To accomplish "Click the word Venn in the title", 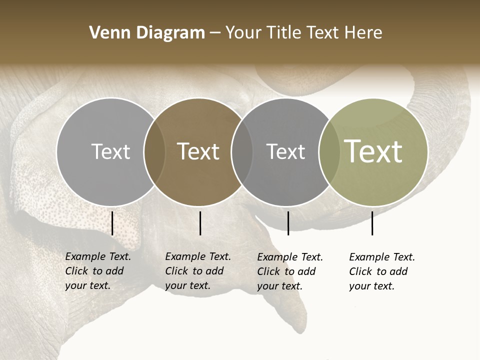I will click(106, 33).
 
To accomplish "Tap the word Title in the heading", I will click(283, 33).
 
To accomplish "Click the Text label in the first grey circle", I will click(110, 151).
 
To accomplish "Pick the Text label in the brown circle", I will click(198, 151).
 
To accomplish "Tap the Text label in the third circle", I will click(285, 151).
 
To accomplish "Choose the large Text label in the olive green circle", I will click(373, 151).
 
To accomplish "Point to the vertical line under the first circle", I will click(112, 223).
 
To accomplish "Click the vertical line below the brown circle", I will click(200, 223).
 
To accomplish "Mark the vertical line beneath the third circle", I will click(288, 223).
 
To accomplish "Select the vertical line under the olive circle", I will click(372, 223).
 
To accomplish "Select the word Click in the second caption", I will click(176, 271).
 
